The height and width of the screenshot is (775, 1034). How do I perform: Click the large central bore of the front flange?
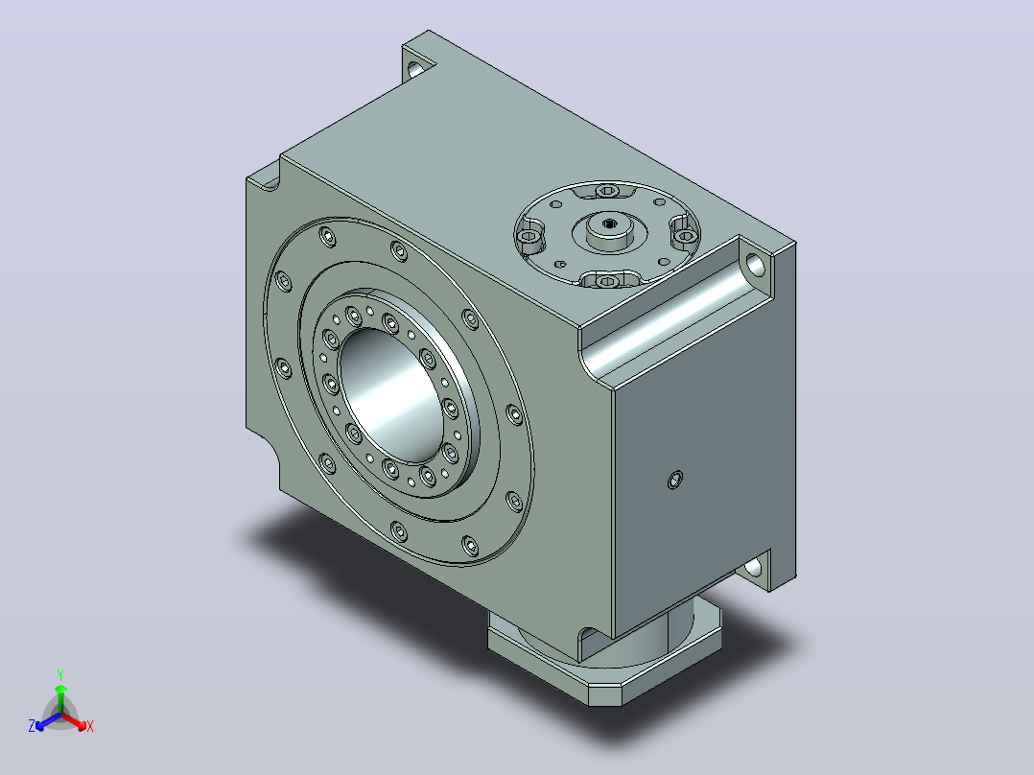[x=393, y=394]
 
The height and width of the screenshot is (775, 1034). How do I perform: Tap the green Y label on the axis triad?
[x=60, y=674]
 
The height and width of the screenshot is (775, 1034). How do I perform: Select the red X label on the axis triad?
[x=90, y=726]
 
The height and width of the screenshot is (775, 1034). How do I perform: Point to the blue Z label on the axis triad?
[x=32, y=725]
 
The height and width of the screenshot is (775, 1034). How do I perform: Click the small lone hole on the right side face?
[x=675, y=480]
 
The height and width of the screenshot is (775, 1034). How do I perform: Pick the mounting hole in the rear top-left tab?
[x=414, y=68]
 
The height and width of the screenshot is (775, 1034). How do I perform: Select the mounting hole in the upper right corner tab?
[x=756, y=265]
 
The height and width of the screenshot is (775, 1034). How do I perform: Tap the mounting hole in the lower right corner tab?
[x=753, y=567]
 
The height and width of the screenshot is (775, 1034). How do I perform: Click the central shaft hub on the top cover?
[x=609, y=231]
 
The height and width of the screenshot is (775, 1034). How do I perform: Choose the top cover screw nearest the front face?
[x=607, y=282]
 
